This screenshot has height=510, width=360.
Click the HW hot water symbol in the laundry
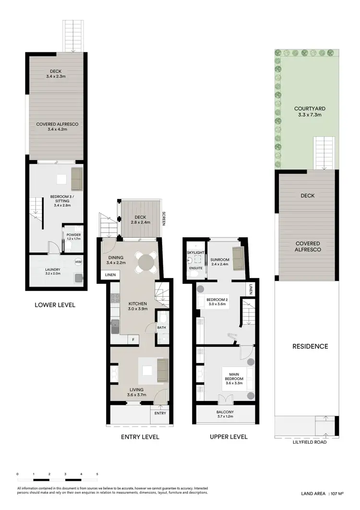[x=78, y=262]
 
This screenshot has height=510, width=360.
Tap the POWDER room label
[x=74, y=235]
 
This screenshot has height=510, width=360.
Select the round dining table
[x=144, y=263]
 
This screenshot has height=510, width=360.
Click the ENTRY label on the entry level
[x=160, y=413]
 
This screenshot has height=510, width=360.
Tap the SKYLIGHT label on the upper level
[x=195, y=252]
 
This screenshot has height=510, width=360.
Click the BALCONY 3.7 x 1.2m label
[x=225, y=414]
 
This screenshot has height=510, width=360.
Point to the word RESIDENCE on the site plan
[x=311, y=346]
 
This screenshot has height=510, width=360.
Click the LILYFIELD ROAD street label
[x=311, y=442]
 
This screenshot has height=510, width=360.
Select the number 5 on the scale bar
[x=97, y=474]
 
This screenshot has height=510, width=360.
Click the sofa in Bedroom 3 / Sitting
[x=77, y=179]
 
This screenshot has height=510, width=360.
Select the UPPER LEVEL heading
[x=228, y=437]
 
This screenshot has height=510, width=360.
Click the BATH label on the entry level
[x=162, y=328]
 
